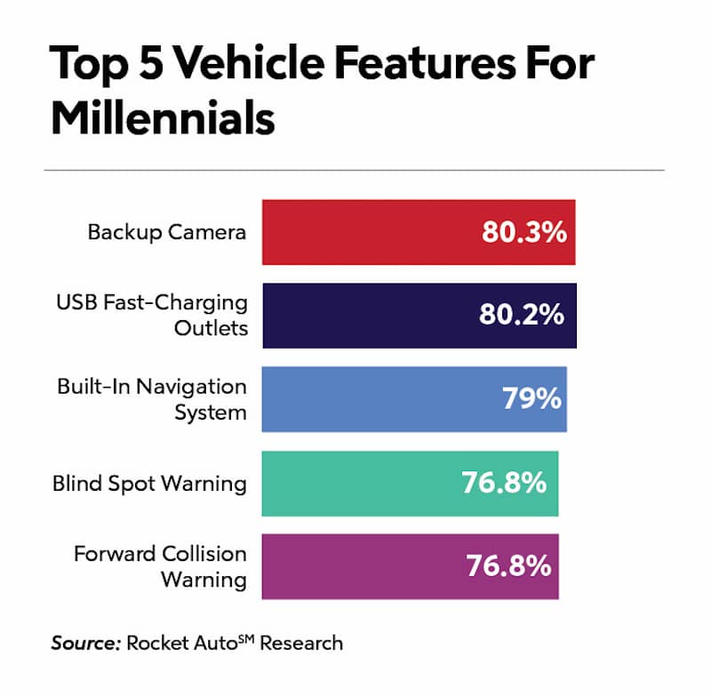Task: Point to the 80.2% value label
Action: tap(523, 315)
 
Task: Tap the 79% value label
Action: tap(531, 399)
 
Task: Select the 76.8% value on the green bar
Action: tap(503, 483)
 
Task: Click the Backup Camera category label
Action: tap(167, 232)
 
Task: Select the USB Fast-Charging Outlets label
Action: tap(152, 315)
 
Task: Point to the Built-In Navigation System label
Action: tap(152, 399)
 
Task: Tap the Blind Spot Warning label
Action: tap(149, 483)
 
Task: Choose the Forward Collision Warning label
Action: tap(160, 566)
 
